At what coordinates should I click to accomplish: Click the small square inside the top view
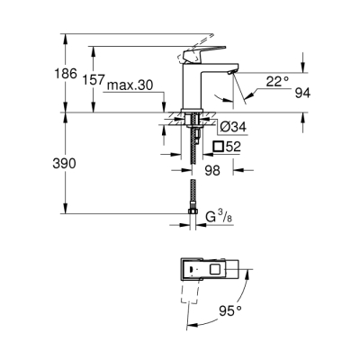tap(217, 269)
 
